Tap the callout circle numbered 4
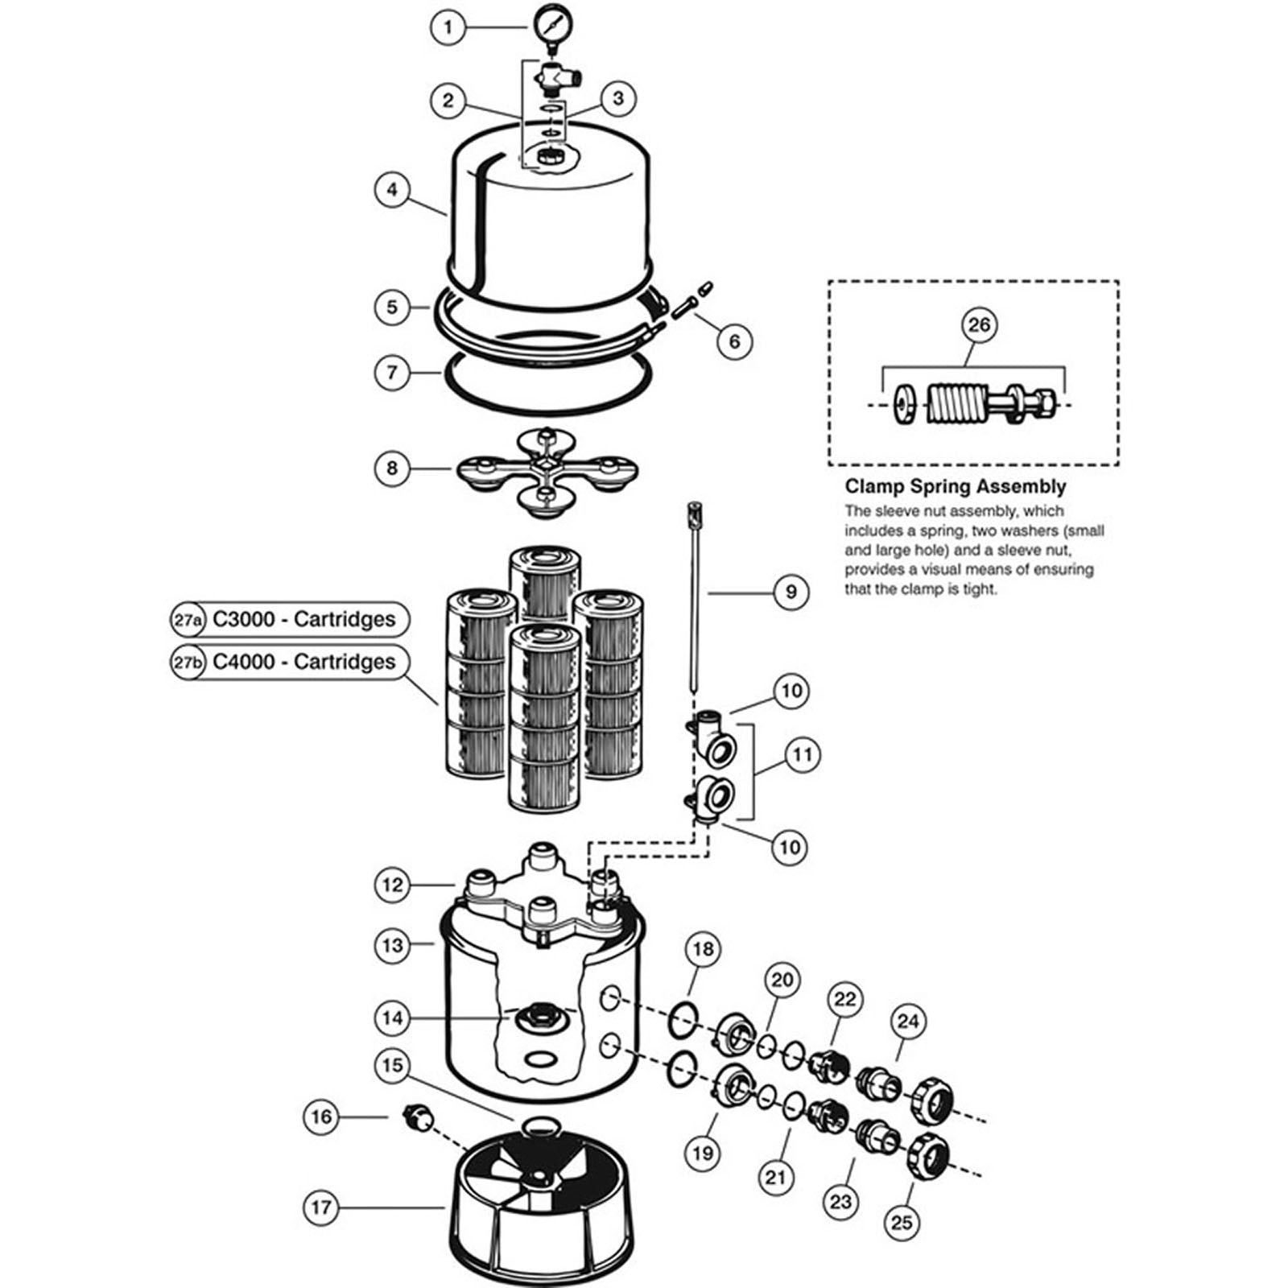392,190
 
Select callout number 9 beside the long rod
791,592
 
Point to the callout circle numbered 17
321,1207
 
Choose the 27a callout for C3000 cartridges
188,620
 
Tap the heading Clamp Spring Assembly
955,486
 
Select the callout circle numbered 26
979,325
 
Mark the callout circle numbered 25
902,1222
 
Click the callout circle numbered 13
392,944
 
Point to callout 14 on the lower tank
392,1018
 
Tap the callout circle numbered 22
844,1000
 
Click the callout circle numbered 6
734,341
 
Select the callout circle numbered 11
802,755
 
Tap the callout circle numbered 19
703,1153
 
